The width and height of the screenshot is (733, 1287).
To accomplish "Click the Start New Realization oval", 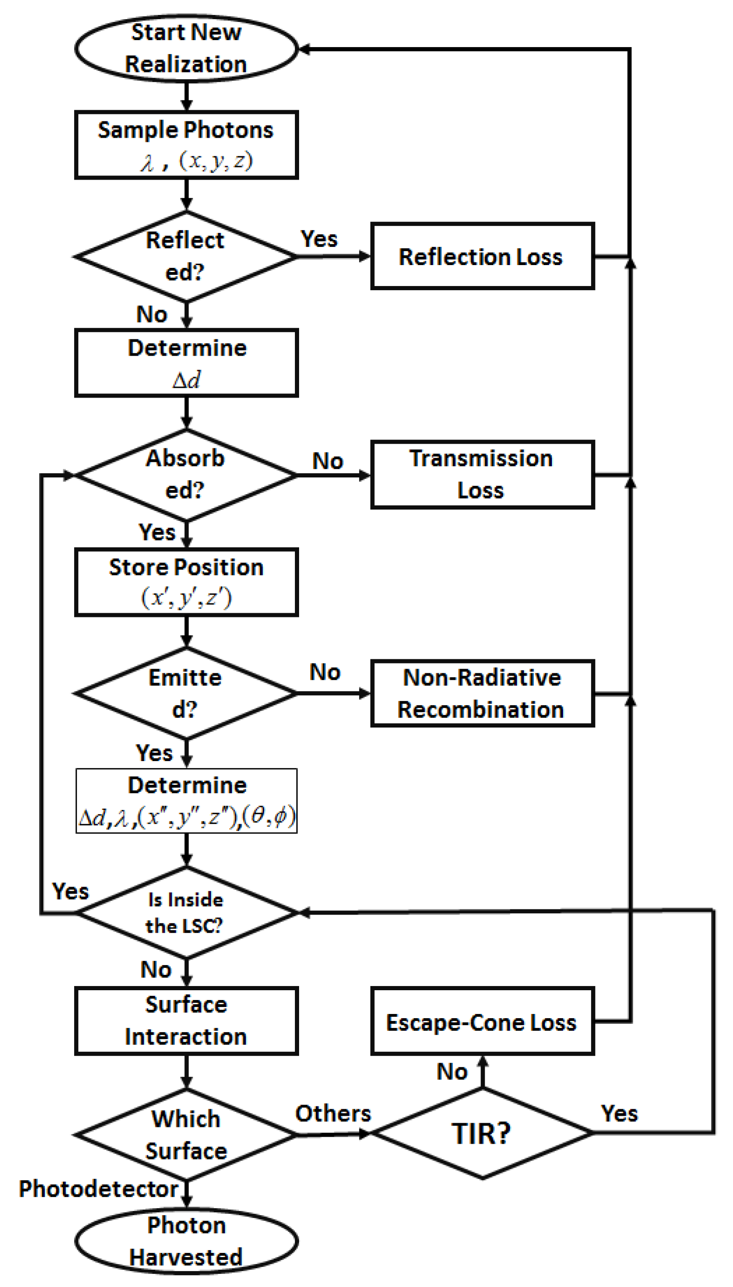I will (186, 49).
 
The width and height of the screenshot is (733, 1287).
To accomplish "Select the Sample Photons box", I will (186, 145).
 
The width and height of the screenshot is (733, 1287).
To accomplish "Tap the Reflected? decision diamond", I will (185, 256).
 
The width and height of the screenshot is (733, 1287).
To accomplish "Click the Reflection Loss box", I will (482, 256).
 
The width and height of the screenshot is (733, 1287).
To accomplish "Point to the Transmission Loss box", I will (482, 474).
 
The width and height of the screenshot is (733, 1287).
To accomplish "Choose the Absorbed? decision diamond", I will (185, 474).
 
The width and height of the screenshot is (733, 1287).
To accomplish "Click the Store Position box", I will (186, 582).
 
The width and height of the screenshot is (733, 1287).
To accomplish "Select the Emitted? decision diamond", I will (185, 693).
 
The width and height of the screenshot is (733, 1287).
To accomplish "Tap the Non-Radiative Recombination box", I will (482, 693).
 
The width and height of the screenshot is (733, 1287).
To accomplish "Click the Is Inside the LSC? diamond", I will (185, 912).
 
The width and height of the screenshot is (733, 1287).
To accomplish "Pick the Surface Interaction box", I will (186, 1021).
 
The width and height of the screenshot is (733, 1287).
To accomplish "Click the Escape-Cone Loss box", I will (482, 1021).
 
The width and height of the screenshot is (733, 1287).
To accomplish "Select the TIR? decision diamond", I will (482, 1133).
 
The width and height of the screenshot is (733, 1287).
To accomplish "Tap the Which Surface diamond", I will (185, 1134).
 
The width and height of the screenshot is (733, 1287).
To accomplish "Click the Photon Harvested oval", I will (186, 1241).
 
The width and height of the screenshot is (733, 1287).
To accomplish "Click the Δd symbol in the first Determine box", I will (186, 380).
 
